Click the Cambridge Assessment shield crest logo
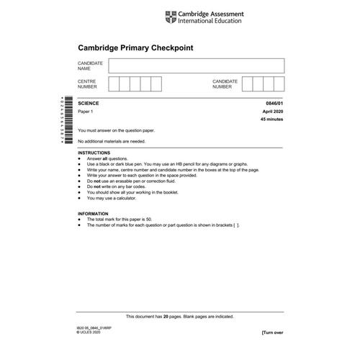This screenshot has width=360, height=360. point(171,15)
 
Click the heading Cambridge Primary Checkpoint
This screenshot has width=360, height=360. point(136,48)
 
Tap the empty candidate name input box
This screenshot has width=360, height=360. point(196,66)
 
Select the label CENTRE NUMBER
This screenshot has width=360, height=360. point(87,84)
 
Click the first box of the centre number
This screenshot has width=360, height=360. point(113,84)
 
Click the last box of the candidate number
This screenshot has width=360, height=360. point(279,84)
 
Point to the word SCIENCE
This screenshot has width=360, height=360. point(89,104)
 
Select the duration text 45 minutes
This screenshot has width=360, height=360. point(271,120)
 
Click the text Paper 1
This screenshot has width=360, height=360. point(86,112)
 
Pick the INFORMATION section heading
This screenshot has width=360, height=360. point(93,215)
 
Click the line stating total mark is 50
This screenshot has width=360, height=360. point(127,220)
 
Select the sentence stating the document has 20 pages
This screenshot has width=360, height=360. point(180,316)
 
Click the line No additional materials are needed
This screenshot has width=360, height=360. point(116,141)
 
